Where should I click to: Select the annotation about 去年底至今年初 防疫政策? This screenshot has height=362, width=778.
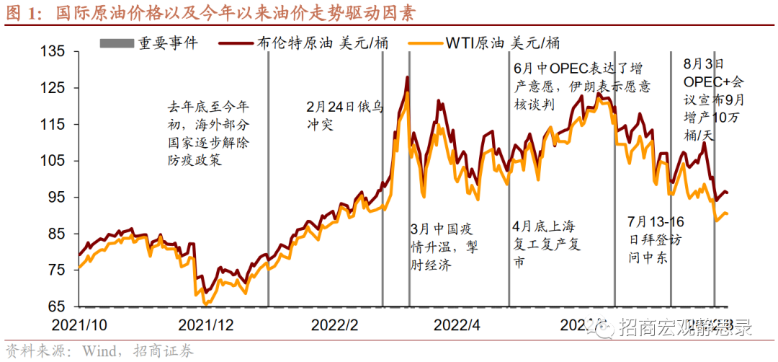pyautogui.click(x=208, y=133)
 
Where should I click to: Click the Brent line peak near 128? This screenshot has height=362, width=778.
pyautogui.click(x=408, y=77)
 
